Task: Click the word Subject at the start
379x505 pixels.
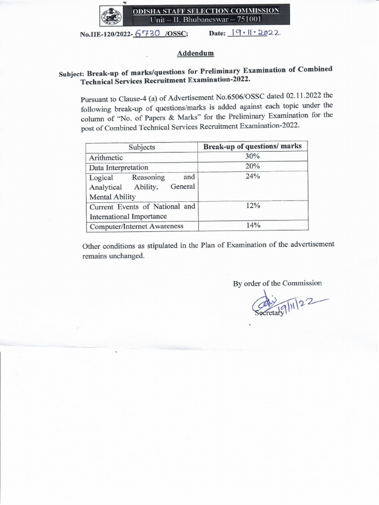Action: (72, 74)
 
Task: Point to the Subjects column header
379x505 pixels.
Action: (142, 147)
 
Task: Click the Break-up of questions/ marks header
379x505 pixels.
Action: (253, 146)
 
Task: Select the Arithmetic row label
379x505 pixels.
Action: (106, 157)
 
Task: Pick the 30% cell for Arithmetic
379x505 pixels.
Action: (253, 157)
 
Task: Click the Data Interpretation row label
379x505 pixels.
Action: (118, 167)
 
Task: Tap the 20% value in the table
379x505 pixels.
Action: (253, 167)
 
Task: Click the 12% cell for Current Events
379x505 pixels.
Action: (253, 207)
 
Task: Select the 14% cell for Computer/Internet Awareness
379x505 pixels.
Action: (253, 225)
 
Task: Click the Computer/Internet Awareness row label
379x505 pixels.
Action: (136, 226)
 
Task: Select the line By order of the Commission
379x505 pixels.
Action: (277, 283)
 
